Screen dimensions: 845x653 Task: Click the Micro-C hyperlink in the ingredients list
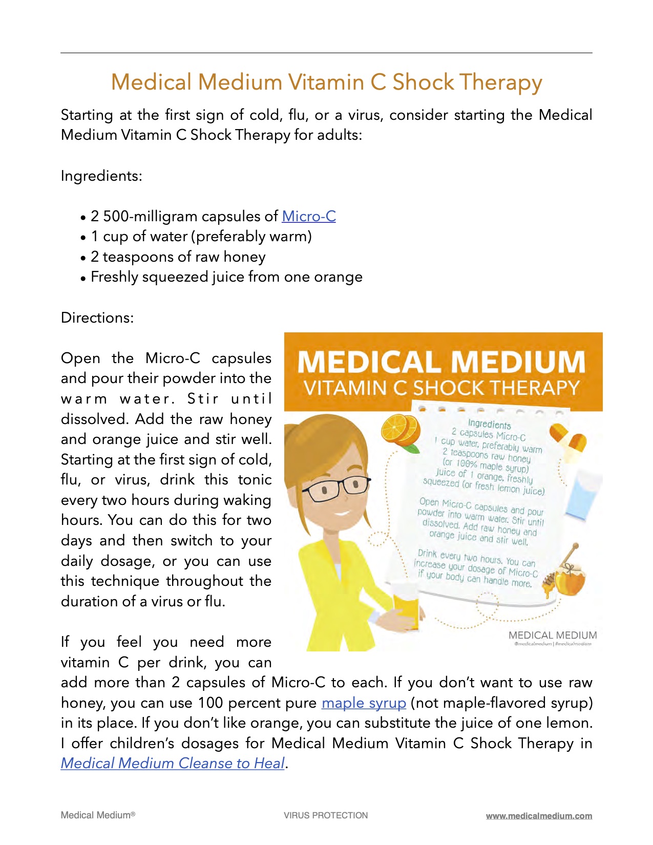[x=309, y=216]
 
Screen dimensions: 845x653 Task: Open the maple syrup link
[x=364, y=703]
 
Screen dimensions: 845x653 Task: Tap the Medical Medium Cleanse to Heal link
[x=173, y=763]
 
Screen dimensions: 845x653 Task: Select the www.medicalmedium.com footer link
[x=539, y=816]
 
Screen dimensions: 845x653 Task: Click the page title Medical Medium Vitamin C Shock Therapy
[x=326, y=82]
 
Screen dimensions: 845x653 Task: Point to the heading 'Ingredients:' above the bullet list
[x=101, y=176]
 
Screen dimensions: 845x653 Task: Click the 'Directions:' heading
[x=97, y=318]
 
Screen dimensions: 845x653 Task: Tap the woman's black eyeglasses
[x=335, y=486]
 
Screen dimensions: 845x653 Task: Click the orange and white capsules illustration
[x=567, y=438]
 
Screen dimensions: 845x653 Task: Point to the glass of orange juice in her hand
[x=405, y=607]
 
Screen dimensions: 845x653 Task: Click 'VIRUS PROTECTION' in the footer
[x=326, y=815]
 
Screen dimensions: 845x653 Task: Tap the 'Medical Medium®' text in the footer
[x=98, y=815]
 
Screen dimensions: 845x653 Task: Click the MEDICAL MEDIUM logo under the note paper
[x=553, y=636]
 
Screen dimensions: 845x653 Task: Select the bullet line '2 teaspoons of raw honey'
[x=178, y=257]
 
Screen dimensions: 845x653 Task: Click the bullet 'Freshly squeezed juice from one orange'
[x=226, y=277]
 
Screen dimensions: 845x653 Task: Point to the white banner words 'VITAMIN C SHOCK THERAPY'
[x=441, y=388]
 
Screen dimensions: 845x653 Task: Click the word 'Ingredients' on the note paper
[x=489, y=425]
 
